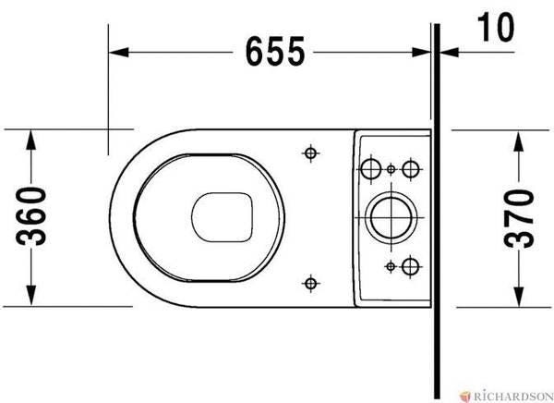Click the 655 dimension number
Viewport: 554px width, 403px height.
point(275,52)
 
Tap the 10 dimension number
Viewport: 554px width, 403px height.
point(495,27)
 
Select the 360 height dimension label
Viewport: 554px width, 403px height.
point(31,216)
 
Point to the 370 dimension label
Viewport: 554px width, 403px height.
point(518,218)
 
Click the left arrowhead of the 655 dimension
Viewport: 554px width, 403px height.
point(119,53)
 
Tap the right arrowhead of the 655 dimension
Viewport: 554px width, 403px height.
point(421,53)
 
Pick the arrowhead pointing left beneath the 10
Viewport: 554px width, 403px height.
point(450,53)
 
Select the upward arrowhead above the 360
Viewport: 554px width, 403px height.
point(31,140)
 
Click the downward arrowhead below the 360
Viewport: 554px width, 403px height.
point(31,296)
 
